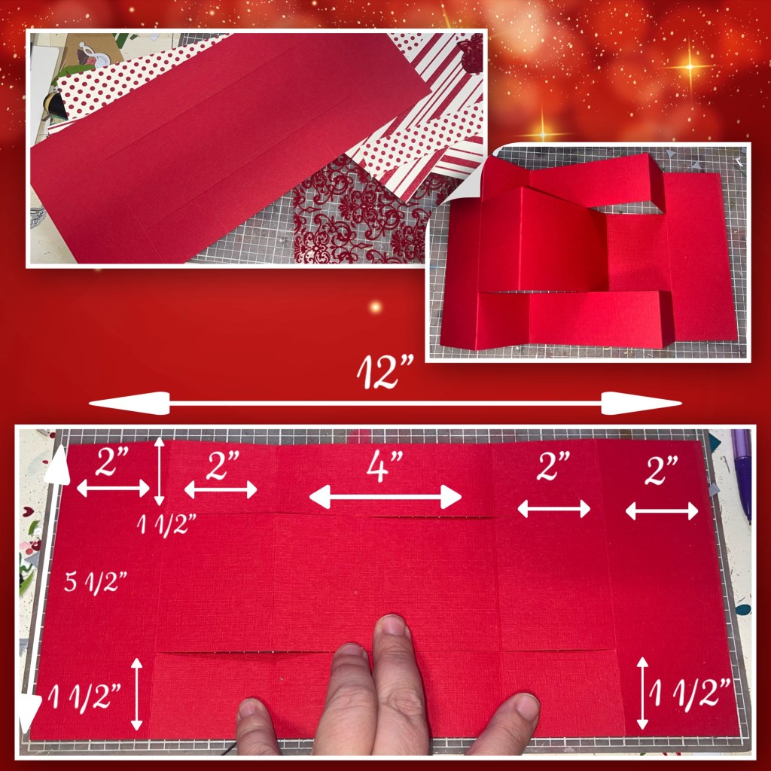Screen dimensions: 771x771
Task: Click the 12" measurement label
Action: pyautogui.click(x=385, y=371)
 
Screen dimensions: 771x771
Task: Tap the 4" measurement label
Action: pyautogui.click(x=385, y=465)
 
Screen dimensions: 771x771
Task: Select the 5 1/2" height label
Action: pyautogui.click(x=96, y=582)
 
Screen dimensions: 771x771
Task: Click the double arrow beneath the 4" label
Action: pyautogui.click(x=385, y=497)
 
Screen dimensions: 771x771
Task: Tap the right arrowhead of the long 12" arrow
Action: pyautogui.click(x=641, y=404)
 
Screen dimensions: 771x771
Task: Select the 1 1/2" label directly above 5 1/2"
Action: pyautogui.click(x=166, y=525)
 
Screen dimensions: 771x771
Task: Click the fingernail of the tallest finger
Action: pyautogui.click(x=392, y=626)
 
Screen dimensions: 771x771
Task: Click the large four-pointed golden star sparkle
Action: pyautogui.click(x=690, y=66)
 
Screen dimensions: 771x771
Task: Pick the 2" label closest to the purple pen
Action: pyautogui.click(x=661, y=470)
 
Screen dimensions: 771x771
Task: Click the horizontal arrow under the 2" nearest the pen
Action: pyautogui.click(x=662, y=511)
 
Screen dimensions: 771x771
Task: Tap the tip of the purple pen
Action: pyautogui.click(x=748, y=520)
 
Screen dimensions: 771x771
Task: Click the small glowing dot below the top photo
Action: pyautogui.click(x=375, y=307)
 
